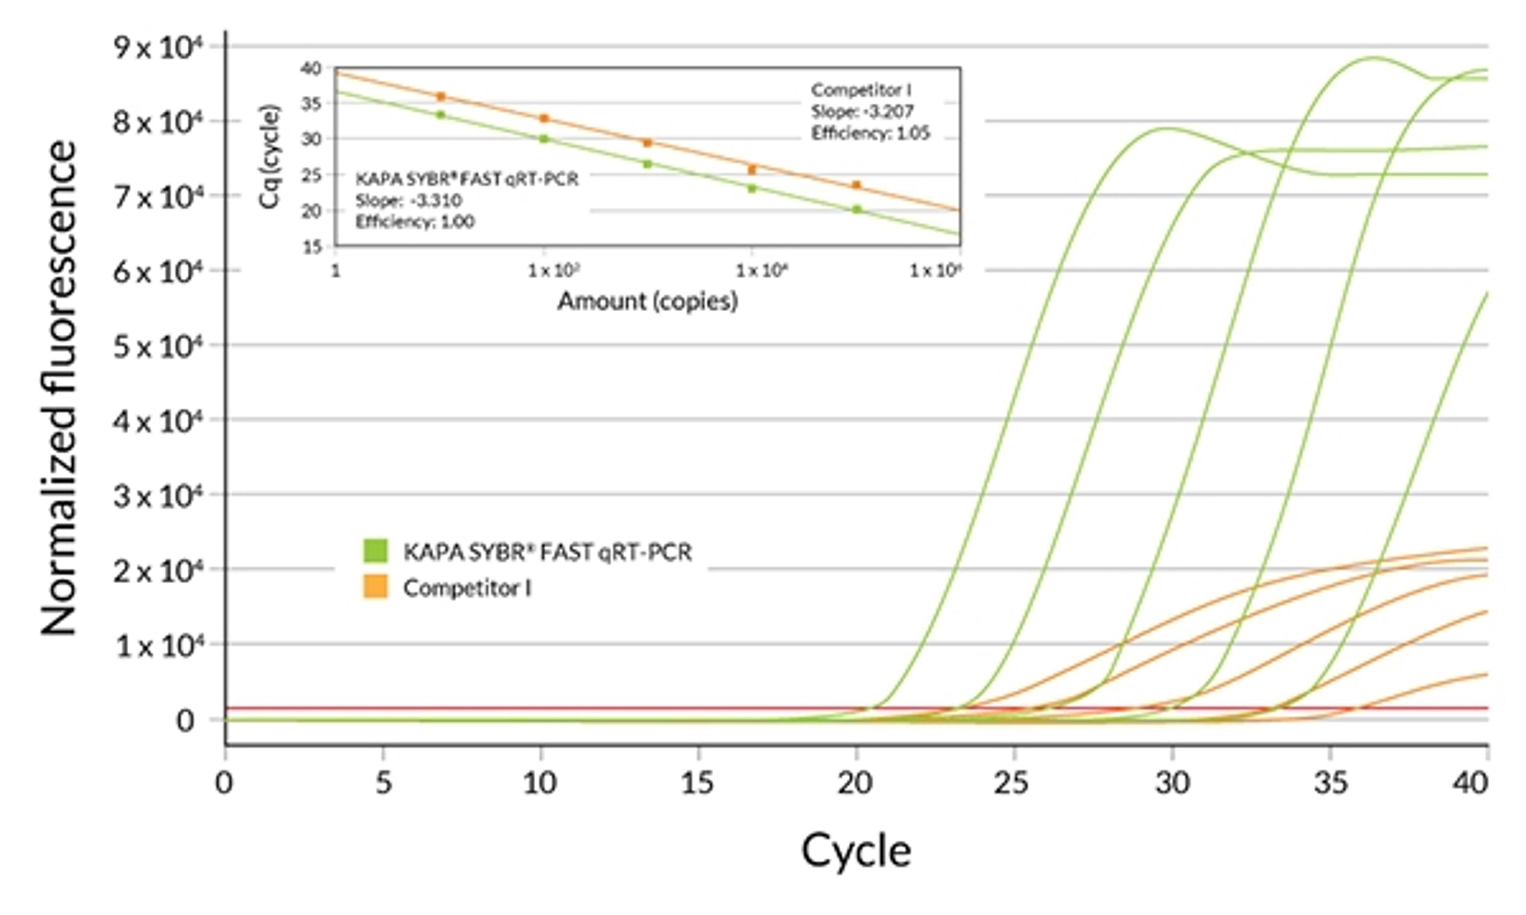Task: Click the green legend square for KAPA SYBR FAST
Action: point(376,550)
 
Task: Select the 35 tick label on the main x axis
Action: point(1329,783)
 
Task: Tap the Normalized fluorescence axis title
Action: point(60,388)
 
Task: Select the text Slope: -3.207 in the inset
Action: point(862,112)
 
